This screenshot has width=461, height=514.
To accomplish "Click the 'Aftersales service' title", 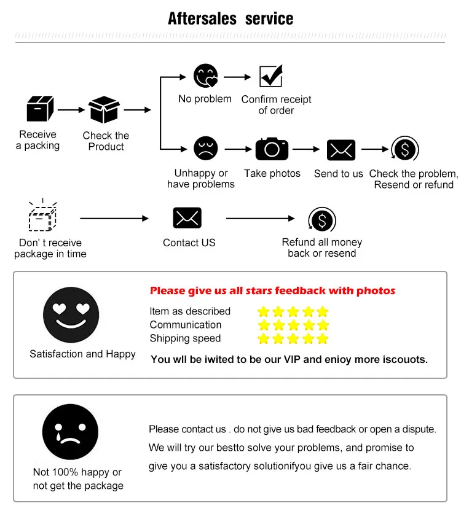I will pyautogui.click(x=230, y=18).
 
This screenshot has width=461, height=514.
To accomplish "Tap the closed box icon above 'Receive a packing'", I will pyautogui.click(x=40, y=109).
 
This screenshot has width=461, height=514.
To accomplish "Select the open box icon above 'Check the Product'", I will pyautogui.click(x=104, y=110).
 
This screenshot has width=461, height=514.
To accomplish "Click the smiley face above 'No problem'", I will pyautogui.click(x=205, y=76).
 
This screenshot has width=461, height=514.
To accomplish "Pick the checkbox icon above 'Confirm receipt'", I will pyautogui.click(x=270, y=76).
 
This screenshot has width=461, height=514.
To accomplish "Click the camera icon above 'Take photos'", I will pyautogui.click(x=272, y=149).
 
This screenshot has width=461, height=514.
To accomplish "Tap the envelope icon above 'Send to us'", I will pyautogui.click(x=341, y=150).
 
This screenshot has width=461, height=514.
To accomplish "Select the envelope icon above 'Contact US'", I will pyautogui.click(x=187, y=218).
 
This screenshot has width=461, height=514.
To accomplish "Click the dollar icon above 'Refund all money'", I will pyautogui.click(x=321, y=219).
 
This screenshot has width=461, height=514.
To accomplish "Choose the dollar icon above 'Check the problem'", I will pyautogui.click(x=404, y=149).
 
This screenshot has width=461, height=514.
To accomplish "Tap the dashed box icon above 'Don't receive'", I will pyautogui.click(x=42, y=216).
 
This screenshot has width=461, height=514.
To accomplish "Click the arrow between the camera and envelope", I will pyautogui.click(x=307, y=149).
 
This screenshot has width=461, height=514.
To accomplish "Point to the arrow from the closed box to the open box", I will pyautogui.click(x=71, y=110).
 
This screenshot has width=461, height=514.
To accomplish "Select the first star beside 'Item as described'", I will pyautogui.click(x=264, y=311).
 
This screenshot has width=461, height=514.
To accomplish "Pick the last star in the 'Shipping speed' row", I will pyautogui.click(x=322, y=338).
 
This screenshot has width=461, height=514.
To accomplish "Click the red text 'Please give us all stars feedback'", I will pyautogui.click(x=272, y=290).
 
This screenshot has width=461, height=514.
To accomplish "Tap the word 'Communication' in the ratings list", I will pyautogui.click(x=185, y=325).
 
